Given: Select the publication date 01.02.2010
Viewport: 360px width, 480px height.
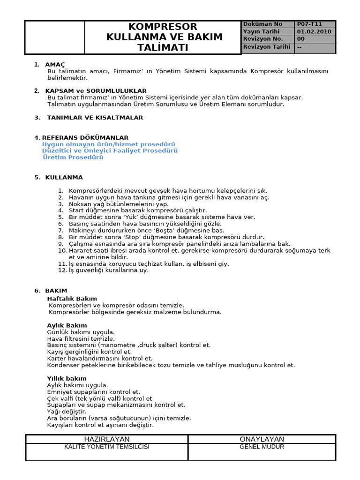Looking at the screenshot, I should (314, 31).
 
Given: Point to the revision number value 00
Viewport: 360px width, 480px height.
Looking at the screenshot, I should (301, 39).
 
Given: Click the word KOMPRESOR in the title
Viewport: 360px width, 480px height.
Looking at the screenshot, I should (163, 27).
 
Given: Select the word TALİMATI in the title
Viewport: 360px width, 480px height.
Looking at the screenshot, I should (163, 48).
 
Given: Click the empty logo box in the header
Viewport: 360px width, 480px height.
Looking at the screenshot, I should (54, 37).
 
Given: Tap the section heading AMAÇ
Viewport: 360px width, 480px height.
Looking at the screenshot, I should (55, 64).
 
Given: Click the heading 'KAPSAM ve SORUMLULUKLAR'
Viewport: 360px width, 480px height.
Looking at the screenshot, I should (96, 90).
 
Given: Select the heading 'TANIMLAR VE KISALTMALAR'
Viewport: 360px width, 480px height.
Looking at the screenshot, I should (95, 118).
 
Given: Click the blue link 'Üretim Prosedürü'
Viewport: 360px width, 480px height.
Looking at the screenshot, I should (73, 157).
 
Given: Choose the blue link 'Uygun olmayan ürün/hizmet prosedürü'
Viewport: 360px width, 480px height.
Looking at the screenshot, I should (109, 144).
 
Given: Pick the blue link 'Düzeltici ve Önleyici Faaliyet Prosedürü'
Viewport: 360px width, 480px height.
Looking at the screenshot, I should (110, 151).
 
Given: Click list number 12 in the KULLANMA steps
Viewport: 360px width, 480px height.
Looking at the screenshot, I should (62, 270).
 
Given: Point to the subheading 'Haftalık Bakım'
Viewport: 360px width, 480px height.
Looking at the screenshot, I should (72, 299).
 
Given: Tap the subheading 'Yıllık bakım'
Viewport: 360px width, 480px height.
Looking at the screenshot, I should (67, 378).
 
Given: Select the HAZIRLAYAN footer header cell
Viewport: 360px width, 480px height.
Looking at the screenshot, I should (107, 439).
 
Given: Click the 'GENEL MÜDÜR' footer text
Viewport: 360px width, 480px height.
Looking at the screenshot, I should (262, 447).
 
